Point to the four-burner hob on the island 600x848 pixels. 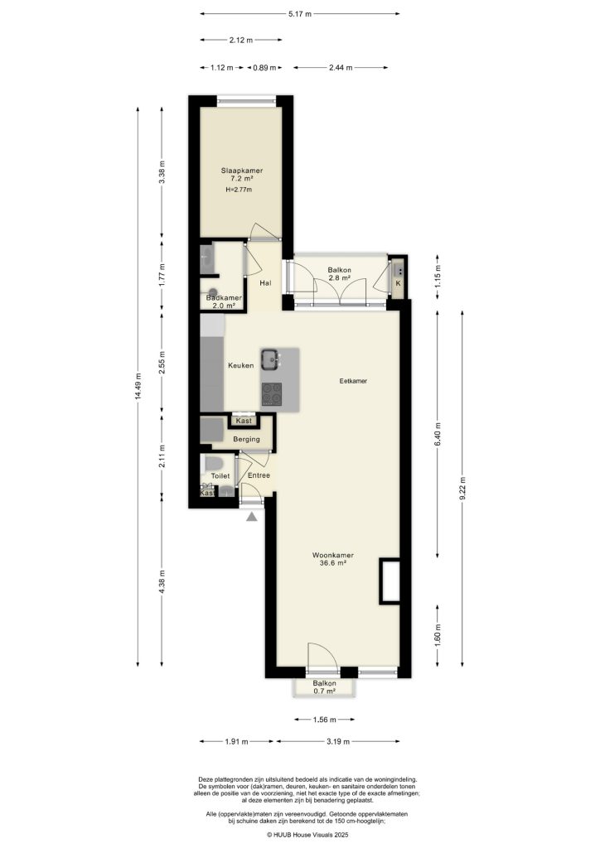pos(272,396)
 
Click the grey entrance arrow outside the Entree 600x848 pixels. pos(252,516)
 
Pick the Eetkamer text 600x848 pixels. pos(353,382)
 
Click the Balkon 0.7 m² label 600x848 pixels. pos(325,687)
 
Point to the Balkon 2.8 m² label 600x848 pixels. pos(339,274)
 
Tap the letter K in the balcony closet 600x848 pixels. pos(398,284)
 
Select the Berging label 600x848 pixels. pos(246,439)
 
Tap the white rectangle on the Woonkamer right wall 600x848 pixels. pos(390,581)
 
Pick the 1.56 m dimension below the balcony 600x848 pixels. pos(324,720)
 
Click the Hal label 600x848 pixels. pos(265,283)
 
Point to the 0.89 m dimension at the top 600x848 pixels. pos(264,68)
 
